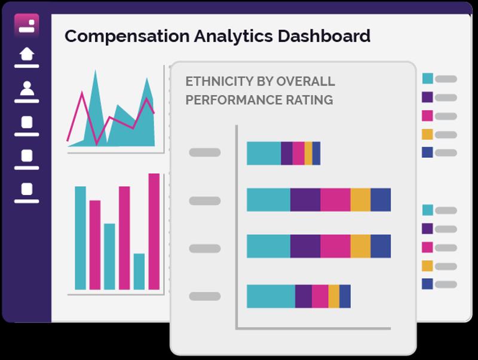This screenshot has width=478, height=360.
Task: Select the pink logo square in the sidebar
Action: click(27, 25)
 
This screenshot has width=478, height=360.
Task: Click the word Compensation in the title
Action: click(127, 36)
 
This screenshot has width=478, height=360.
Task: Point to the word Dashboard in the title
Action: click(324, 36)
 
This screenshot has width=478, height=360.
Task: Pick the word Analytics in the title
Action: click(234, 36)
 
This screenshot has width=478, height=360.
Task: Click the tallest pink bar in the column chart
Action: click(154, 231)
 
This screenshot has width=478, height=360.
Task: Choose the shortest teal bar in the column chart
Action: click(139, 271)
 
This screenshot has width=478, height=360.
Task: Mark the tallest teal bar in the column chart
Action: click(81, 238)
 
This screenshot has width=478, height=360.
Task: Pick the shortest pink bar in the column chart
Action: click(95, 245)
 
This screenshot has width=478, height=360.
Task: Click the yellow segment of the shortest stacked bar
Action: click(308, 154)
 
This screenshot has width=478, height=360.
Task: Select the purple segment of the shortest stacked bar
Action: click(287, 154)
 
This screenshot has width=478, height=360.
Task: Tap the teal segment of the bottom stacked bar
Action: click(271, 296)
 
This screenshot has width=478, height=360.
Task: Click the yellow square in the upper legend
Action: click(427, 134)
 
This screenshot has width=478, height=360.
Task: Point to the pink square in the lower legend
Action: click(427, 248)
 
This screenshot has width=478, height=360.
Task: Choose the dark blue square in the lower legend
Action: click(427, 284)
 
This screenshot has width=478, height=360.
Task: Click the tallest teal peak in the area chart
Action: click(96, 71)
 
